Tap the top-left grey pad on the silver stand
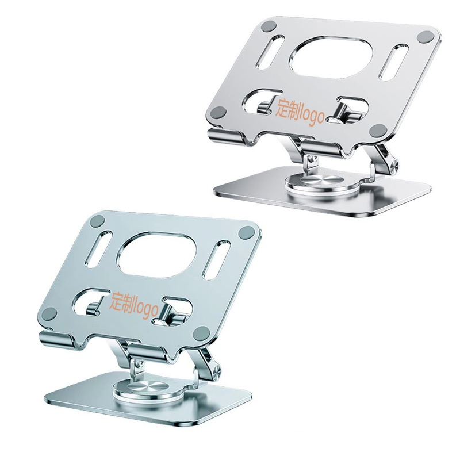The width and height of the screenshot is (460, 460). (268, 27)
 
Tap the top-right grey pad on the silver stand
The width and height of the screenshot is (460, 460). (426, 37)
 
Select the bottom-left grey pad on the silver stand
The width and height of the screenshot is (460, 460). (218, 112)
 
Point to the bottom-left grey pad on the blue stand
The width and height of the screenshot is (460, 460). (52, 314)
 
